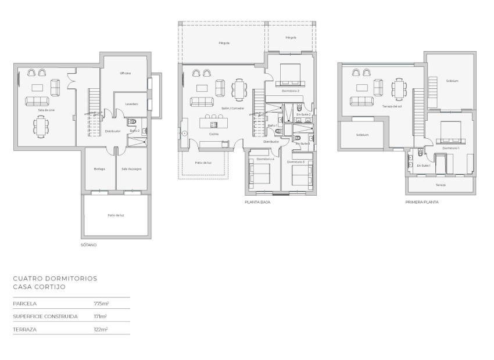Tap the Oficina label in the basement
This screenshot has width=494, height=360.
(125, 73)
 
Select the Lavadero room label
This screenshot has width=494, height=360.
(131, 104)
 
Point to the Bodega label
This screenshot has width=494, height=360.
(99, 169)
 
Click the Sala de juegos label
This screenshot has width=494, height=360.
(131, 169)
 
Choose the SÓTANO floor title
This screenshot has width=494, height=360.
(88, 245)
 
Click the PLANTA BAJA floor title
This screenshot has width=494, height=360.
(257, 203)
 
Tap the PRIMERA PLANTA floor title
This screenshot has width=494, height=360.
(422, 203)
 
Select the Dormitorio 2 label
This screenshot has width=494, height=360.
(290, 91)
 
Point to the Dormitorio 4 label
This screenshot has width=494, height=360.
(264, 159)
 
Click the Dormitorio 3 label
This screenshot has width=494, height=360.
(296, 161)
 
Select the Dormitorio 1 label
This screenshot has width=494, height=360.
(450, 148)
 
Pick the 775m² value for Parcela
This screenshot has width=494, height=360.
(101, 304)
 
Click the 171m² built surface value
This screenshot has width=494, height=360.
(101, 316)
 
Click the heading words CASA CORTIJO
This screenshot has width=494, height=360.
(39, 287)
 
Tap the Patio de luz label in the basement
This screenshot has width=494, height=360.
(116, 215)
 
